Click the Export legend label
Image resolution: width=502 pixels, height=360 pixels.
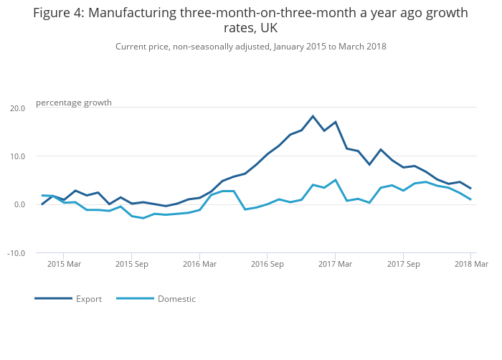coord(89,299)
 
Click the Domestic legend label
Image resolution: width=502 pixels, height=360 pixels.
coord(176,299)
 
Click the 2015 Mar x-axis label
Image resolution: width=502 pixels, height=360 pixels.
coord(63,265)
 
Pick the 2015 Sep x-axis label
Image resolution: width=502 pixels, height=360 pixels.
coord(131,265)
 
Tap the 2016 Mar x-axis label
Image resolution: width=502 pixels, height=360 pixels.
coord(199,265)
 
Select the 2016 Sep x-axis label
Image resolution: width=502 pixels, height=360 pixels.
coord(267,265)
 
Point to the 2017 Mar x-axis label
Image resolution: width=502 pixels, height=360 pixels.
coord(335,265)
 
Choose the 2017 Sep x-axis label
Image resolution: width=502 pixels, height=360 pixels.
coord(403,265)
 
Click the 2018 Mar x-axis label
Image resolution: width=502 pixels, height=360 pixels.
coord(471,265)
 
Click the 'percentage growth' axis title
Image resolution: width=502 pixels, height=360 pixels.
coord(74,103)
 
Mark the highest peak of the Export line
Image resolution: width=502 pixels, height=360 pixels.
coord(313,116)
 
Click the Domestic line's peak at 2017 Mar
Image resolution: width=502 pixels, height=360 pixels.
coord(335,180)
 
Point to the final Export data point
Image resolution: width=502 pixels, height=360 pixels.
coord(470,189)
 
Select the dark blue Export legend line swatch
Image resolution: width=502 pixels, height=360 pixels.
coord(53,298)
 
